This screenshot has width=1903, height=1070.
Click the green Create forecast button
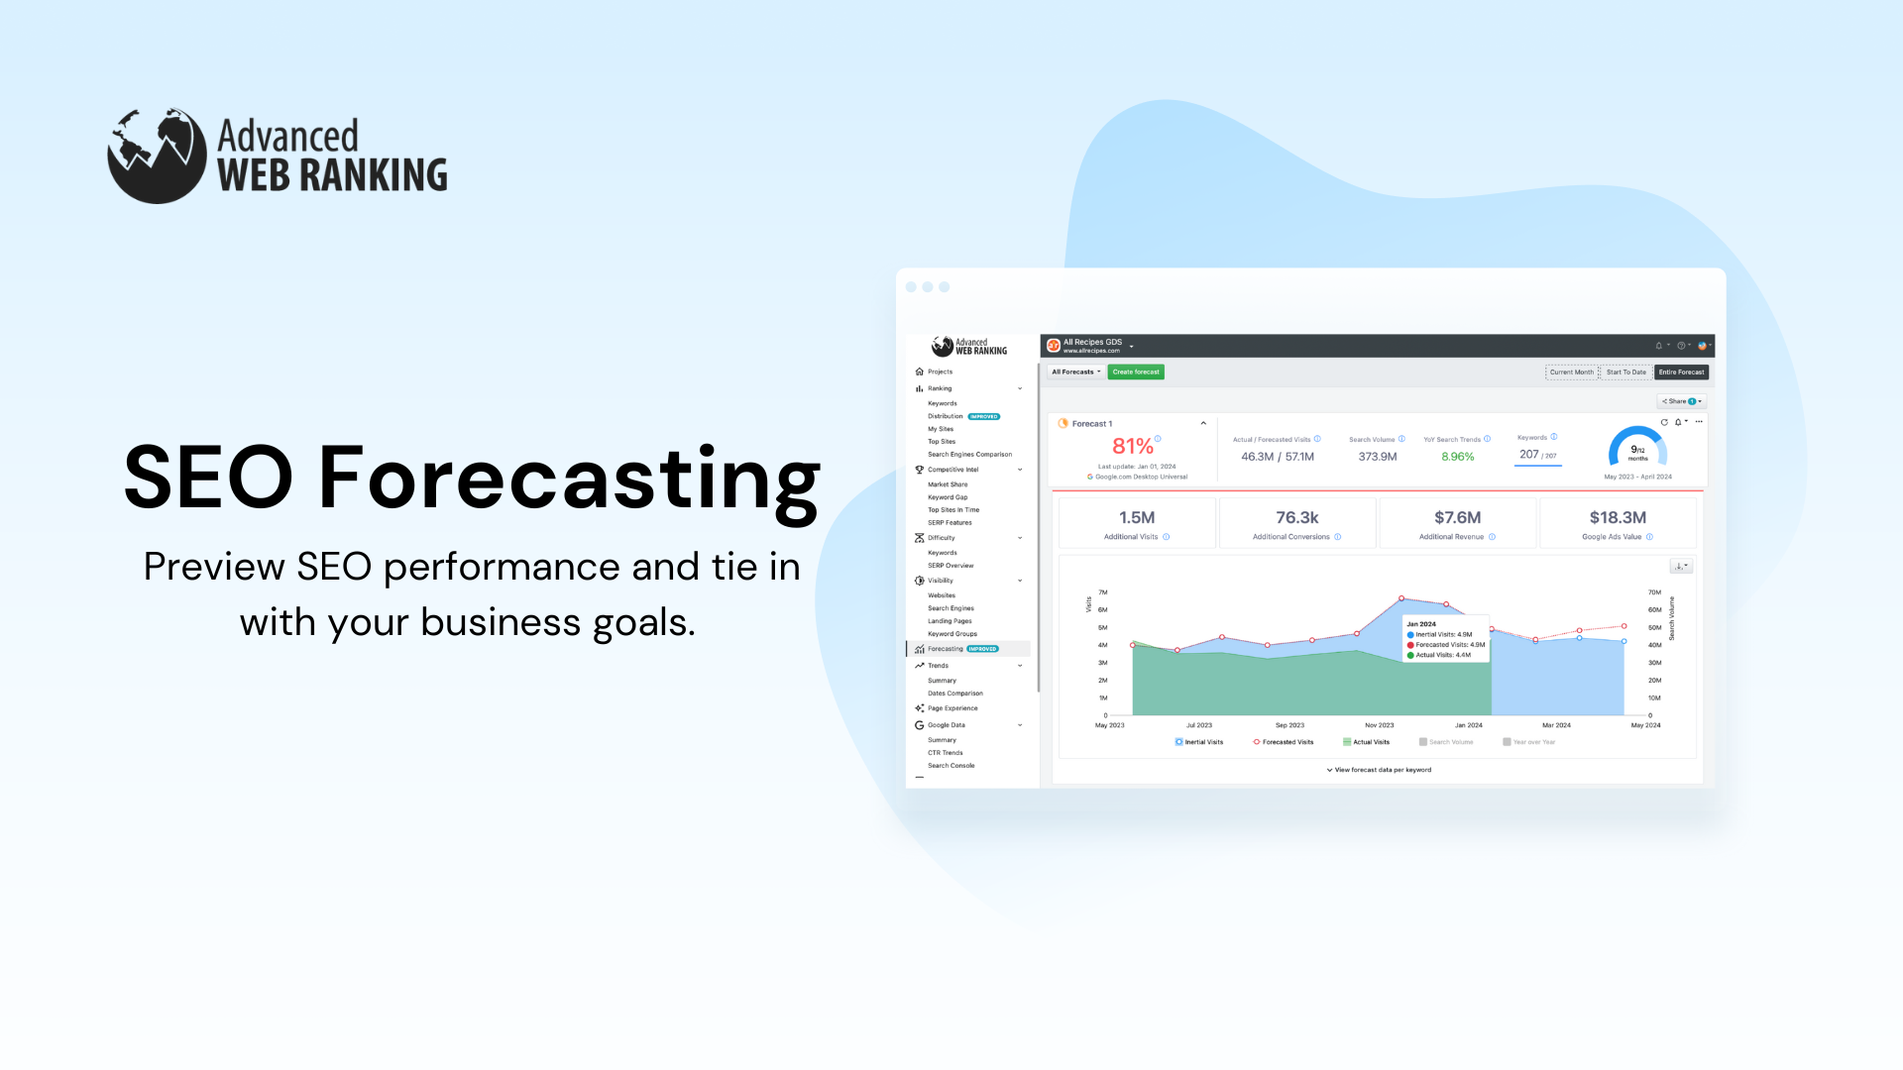click(1136, 373)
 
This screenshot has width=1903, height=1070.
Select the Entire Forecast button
click(1681, 373)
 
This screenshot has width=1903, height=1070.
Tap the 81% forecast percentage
click(1132, 447)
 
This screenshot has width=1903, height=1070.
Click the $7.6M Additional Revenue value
click(1457, 518)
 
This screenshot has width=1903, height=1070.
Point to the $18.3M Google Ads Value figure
click(1618, 518)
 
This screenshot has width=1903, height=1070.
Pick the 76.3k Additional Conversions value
click(1296, 518)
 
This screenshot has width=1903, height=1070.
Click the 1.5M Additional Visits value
click(1137, 518)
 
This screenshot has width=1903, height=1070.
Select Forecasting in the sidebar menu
click(946, 650)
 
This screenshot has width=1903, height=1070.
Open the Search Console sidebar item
click(951, 766)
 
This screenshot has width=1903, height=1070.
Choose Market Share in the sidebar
click(948, 485)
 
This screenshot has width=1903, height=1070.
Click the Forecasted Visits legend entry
click(1287, 742)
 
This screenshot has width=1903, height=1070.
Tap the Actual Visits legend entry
click(1370, 742)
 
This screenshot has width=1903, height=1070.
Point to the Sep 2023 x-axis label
click(1289, 725)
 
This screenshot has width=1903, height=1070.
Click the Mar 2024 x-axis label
click(1556, 725)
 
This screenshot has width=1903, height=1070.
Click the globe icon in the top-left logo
click(157, 156)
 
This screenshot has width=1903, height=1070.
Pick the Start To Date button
click(1625, 373)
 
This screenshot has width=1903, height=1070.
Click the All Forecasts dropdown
click(1075, 373)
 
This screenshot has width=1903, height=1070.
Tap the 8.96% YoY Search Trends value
click(1457, 457)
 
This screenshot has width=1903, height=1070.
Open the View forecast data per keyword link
click(1382, 770)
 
